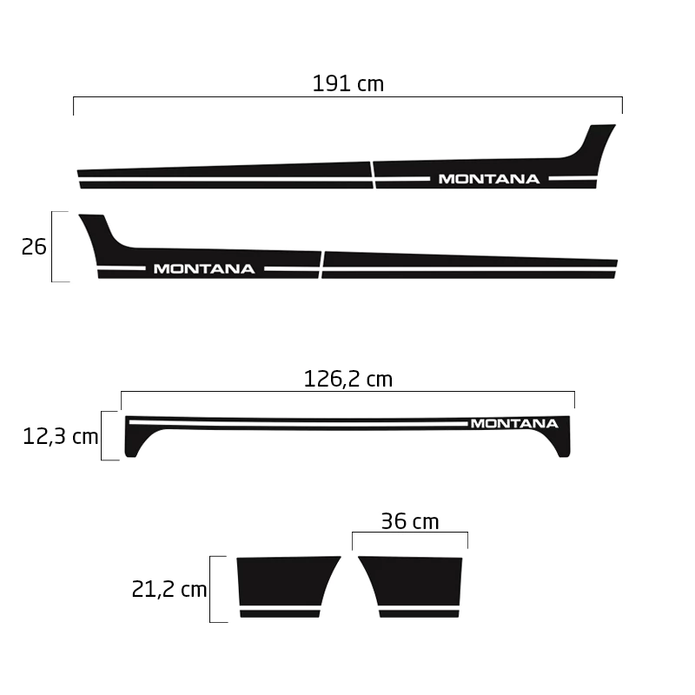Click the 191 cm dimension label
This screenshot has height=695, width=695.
click(348, 83)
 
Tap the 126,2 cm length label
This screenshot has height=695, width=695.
click(348, 379)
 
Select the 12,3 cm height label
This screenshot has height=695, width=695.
click(60, 437)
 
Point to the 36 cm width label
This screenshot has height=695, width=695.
click(410, 521)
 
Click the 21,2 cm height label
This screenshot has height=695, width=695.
click(169, 590)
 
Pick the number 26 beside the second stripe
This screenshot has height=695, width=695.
click(34, 247)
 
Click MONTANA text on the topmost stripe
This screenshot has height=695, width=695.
click(489, 179)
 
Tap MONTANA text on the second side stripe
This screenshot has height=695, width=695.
click(204, 269)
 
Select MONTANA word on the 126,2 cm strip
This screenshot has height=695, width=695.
click(514, 424)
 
